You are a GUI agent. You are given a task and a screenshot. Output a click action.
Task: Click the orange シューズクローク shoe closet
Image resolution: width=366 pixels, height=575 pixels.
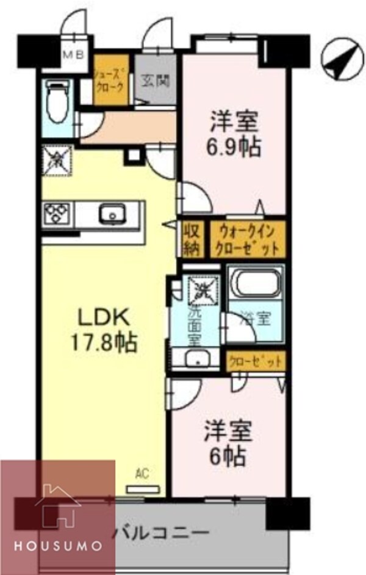pyautogui.click(x=110, y=81)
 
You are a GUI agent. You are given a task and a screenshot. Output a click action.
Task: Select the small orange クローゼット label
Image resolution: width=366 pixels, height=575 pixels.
pyautogui.click(x=255, y=361)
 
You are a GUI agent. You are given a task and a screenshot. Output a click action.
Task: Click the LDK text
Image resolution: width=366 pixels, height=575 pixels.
pyautogui.click(x=102, y=318)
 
